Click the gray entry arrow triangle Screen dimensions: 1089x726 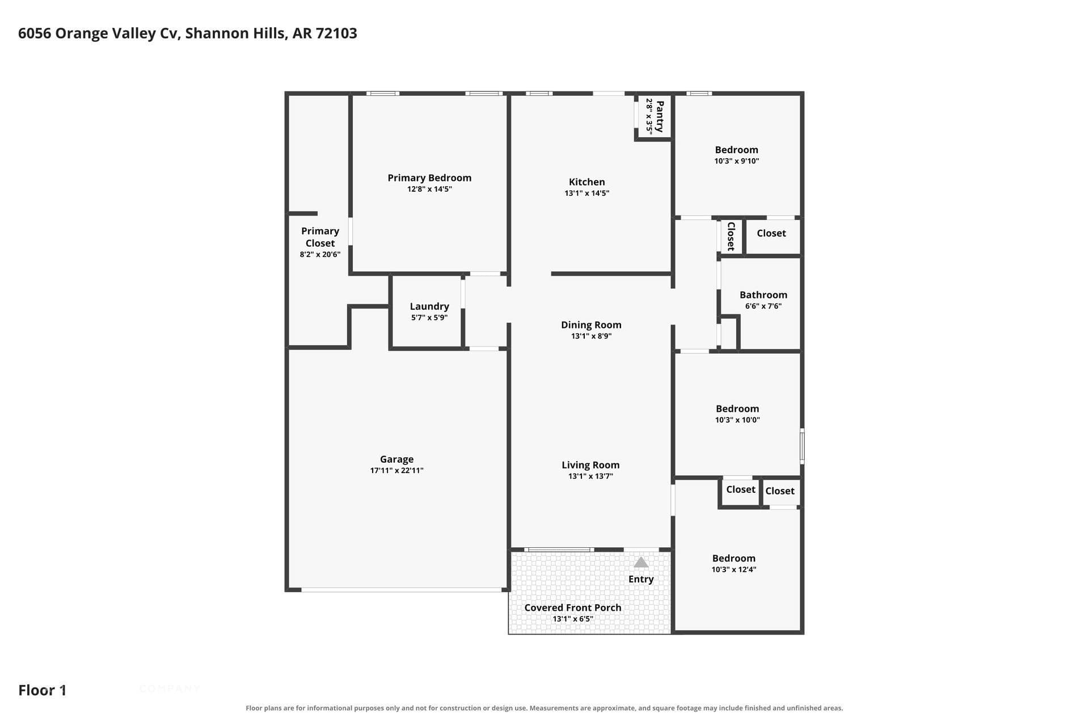point(641,562)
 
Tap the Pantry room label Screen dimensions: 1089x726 point(660,116)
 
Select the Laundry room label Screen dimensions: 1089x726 point(429,306)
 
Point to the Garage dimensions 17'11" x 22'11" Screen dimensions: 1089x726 point(397,470)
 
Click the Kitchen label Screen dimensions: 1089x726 point(587,182)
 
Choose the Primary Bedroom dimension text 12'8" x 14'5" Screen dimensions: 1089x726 point(429,189)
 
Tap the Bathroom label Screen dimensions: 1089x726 point(763,295)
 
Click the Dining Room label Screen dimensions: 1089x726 point(591,325)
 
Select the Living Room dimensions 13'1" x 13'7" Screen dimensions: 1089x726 point(590,476)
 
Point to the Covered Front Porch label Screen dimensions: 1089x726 point(573,607)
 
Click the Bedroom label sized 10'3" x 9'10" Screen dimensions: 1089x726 point(736,150)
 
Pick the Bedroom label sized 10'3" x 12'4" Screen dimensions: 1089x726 point(734,558)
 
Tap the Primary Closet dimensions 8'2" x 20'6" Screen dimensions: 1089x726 point(320,255)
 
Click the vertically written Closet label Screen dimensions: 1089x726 point(731,236)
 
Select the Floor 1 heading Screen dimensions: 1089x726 point(43,690)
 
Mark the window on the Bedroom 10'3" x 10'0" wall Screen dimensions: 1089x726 point(802,446)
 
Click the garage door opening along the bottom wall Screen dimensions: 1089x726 point(402,590)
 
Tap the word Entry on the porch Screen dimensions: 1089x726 point(641,579)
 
